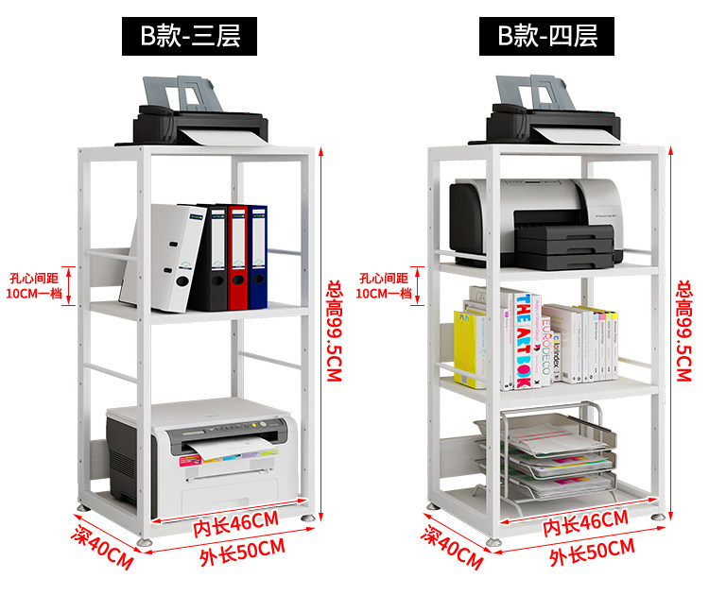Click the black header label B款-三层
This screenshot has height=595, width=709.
click(x=191, y=36)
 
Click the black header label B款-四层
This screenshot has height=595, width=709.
click(x=548, y=36)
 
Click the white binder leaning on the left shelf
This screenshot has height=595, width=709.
click(x=165, y=257)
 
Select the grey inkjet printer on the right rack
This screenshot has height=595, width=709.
click(x=537, y=222)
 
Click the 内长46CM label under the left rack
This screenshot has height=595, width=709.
click(x=236, y=521)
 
